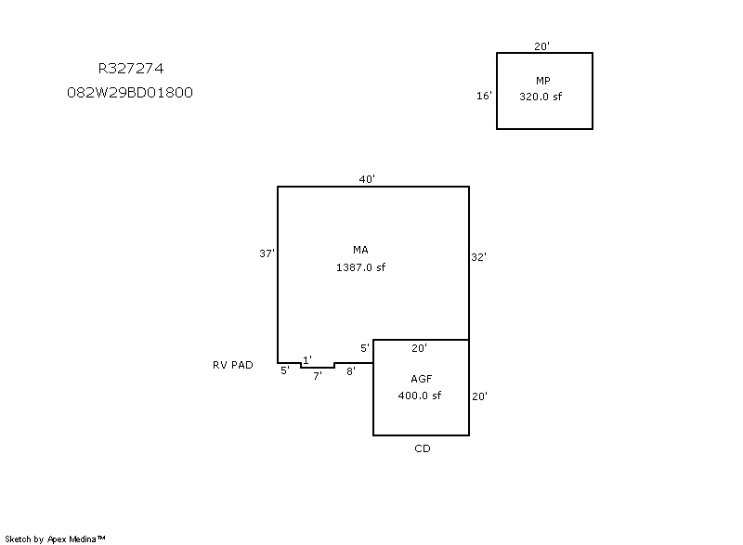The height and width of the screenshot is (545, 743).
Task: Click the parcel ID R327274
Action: [x=132, y=68]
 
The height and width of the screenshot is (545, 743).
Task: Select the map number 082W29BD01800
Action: [x=130, y=93]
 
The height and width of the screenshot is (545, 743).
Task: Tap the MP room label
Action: [x=543, y=81]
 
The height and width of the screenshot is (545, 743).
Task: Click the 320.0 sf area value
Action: [x=541, y=97]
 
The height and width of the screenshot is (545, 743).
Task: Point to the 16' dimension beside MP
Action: [x=484, y=96]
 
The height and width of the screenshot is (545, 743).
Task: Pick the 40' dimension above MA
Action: [x=368, y=179]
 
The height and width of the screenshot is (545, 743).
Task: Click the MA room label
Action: [x=360, y=251]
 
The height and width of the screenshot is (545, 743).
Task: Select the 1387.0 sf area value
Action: [x=360, y=267]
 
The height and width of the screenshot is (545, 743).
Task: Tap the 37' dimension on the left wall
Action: [x=267, y=253]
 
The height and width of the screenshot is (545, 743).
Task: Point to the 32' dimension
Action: [x=479, y=257]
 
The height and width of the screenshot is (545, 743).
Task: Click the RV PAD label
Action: [x=232, y=365]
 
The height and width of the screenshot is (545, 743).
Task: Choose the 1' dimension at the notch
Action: [x=307, y=359]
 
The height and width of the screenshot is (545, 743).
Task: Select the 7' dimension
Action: [x=317, y=376]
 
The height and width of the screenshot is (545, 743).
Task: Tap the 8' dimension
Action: [x=350, y=371]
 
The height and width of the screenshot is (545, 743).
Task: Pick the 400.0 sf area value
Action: [x=420, y=396]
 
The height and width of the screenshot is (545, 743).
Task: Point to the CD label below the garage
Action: [x=423, y=448]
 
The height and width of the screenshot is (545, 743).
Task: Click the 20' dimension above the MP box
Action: [x=542, y=45]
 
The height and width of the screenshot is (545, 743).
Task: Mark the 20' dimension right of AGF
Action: [x=480, y=396]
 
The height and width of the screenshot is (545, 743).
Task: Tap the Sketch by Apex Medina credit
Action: [x=56, y=539]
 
